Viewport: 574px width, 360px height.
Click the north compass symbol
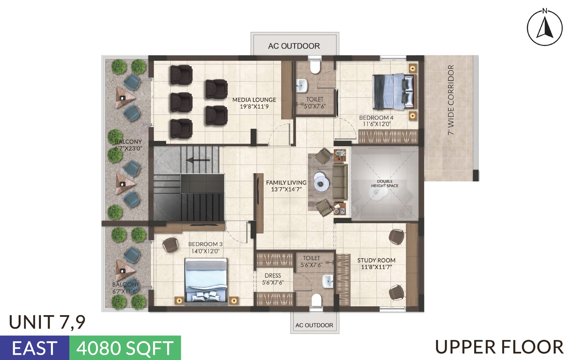pyautogui.click(x=545, y=27)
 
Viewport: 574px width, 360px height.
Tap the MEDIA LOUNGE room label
pyautogui.click(x=254, y=100)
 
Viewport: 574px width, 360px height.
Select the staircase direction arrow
pyautogui.click(x=198, y=160)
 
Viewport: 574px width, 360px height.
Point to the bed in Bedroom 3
pyautogui.click(x=206, y=280)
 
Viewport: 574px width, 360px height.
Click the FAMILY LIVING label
pyautogui.click(x=286, y=183)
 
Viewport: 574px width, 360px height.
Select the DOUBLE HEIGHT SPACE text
pyautogui.click(x=385, y=184)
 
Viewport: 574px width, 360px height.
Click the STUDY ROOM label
pyautogui.click(x=376, y=260)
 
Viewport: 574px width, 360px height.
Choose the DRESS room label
pyautogui.click(x=273, y=276)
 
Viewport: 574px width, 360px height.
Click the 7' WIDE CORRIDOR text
pyautogui.click(x=451, y=100)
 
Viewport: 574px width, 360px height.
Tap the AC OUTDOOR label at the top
pyautogui.click(x=294, y=46)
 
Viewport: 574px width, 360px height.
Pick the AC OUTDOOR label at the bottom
pyautogui.click(x=314, y=325)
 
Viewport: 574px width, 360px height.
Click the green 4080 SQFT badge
pyautogui.click(x=125, y=348)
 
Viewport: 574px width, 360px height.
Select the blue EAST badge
pyautogui.click(x=35, y=348)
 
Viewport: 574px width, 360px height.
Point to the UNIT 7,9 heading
pyautogui.click(x=47, y=322)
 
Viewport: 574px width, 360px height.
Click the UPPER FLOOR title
pyautogui.click(x=499, y=347)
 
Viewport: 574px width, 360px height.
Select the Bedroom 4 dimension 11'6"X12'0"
pyautogui.click(x=376, y=124)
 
